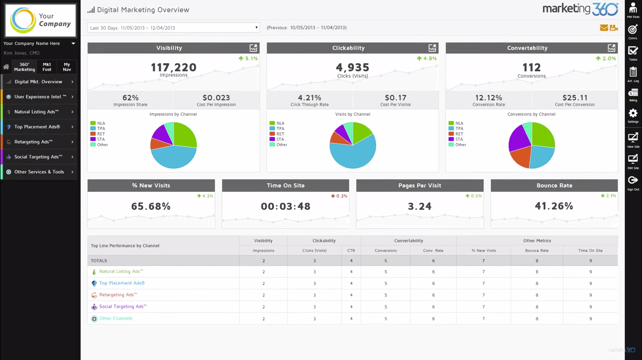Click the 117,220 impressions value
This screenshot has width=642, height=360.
173,67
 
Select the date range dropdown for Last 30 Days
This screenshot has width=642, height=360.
173,28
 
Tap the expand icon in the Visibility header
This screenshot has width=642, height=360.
253,48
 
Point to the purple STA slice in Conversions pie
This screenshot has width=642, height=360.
519,138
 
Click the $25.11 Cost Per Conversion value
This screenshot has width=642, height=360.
574,98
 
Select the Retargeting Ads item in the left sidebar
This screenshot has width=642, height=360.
34,142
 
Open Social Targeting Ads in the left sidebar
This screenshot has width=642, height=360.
38,157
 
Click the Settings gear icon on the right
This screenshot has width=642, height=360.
633,113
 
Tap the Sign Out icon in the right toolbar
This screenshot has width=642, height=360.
633,180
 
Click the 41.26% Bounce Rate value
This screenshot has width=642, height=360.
554,206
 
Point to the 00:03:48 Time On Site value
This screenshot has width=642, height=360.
285,206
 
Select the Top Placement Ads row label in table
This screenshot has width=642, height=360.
122,283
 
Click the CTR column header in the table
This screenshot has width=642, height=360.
351,250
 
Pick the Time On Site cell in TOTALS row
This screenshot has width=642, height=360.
590,261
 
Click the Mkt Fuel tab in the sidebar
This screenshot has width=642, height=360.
47,67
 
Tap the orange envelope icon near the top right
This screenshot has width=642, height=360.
604,28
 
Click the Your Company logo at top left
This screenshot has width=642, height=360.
40,21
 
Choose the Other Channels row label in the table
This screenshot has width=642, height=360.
116,318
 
